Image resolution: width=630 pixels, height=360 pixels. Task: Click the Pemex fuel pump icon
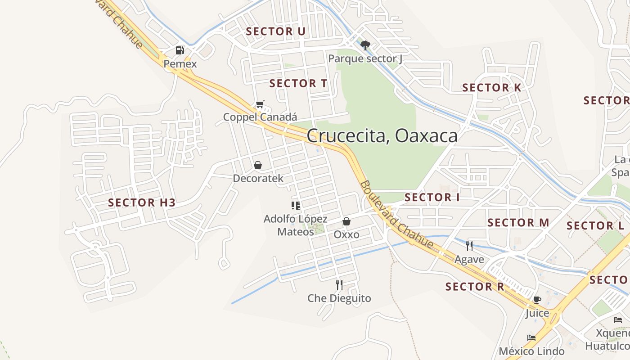pyautogui.click(x=180, y=50)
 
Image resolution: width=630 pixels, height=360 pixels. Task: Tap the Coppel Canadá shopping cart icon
pyautogui.click(x=260, y=104)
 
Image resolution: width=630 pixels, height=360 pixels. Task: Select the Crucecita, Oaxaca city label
pyautogui.click(x=382, y=136)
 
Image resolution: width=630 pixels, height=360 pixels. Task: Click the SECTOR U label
pyautogui.click(x=276, y=31)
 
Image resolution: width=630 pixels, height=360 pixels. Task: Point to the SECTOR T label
pyautogui.click(x=298, y=84)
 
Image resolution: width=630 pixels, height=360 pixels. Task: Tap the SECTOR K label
pyautogui.click(x=492, y=88)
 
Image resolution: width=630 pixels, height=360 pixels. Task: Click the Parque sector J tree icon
pyautogui.click(x=365, y=45)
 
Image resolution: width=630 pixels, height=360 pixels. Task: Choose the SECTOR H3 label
pyautogui.click(x=142, y=203)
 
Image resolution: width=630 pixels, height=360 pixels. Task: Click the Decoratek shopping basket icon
pyautogui.click(x=258, y=165)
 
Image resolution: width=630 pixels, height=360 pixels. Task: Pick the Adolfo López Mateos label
pyautogui.click(x=296, y=225)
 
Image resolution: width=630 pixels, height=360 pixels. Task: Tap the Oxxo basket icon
pyautogui.click(x=346, y=221)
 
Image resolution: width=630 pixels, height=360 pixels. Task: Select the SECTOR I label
pyautogui.click(x=432, y=198)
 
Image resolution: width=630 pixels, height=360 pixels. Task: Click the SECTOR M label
pyautogui.click(x=518, y=223)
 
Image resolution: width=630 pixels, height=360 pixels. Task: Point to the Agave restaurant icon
pyautogui.click(x=469, y=246)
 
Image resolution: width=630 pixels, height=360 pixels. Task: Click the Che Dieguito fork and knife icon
pyautogui.click(x=339, y=284)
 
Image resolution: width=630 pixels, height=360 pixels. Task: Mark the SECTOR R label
pyautogui.click(x=475, y=287)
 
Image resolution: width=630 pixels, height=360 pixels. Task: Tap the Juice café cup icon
pyautogui.click(x=537, y=300)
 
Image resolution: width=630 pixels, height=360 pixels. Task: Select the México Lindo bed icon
pyautogui.click(x=531, y=338)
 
